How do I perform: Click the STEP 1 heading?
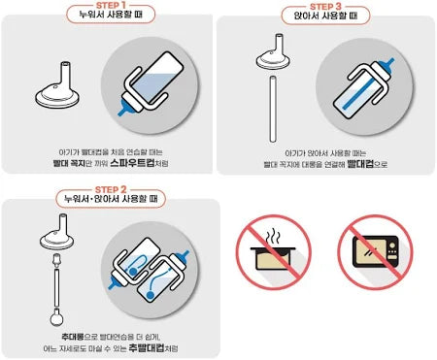[111, 5]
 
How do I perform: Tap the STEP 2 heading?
[111, 189]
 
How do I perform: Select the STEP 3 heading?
[325, 7]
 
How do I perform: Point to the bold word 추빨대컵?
[147, 347]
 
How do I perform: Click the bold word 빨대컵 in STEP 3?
[360, 164]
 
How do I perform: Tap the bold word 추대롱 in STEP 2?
[72, 337]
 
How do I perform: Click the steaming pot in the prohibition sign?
[273, 254]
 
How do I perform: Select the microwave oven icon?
[375, 251]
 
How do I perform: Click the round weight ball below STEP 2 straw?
[57, 317]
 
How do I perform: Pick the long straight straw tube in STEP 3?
[273, 109]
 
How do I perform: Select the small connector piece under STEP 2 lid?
[57, 260]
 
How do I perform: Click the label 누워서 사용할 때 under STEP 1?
[111, 15]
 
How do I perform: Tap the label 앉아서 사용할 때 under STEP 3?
[325, 16]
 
